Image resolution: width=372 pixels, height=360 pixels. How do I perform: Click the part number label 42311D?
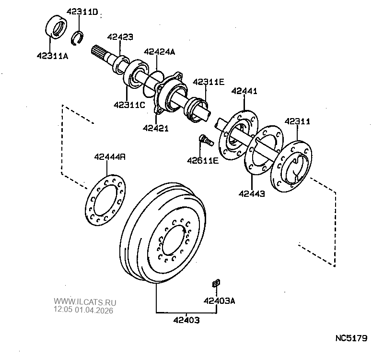click(x=82, y=12)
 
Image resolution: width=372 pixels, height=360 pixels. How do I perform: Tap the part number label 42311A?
click(x=52, y=56)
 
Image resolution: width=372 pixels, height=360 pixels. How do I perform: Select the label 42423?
click(x=120, y=37)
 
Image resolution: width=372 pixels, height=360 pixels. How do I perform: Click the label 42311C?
click(x=129, y=105)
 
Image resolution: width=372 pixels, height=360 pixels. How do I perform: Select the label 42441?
click(x=244, y=91)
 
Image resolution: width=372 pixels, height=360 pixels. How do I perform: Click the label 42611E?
click(x=203, y=160)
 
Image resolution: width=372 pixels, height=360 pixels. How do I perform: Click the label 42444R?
click(x=110, y=156)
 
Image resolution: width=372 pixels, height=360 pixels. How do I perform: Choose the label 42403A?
click(x=219, y=301)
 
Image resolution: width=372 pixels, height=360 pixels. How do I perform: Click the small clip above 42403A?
click(x=216, y=283)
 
